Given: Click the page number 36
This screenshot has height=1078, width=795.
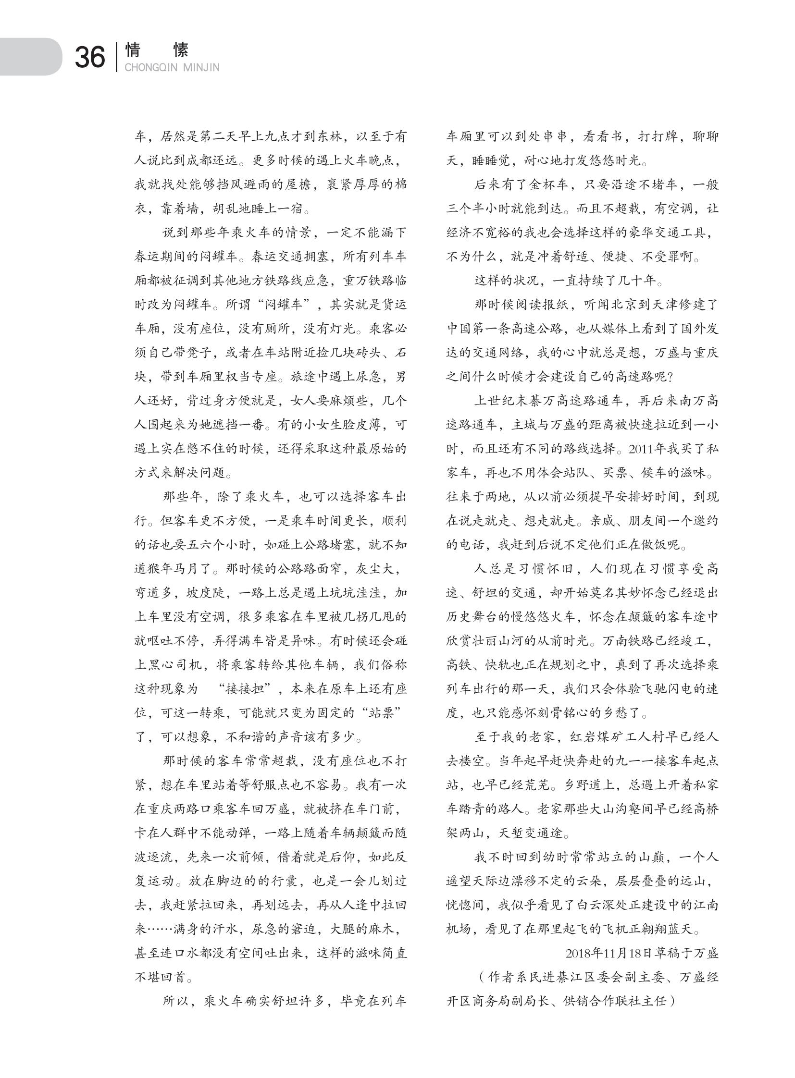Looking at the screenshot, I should [90, 58].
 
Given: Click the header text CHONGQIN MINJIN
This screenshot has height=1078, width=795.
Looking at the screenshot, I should [172, 67].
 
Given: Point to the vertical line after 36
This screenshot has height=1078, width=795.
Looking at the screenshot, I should [116, 57].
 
